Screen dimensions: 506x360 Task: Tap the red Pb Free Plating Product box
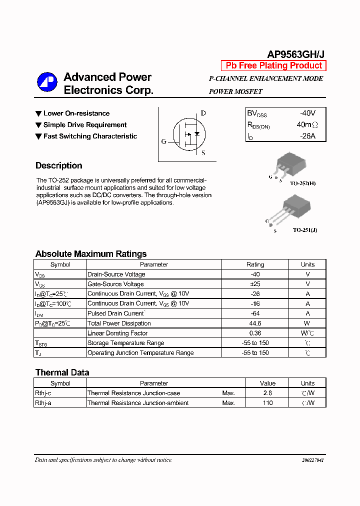[x=273, y=65]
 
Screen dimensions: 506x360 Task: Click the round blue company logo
[x=47, y=82]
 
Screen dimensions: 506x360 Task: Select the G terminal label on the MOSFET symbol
[x=163, y=141]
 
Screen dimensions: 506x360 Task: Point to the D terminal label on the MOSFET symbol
[x=203, y=113]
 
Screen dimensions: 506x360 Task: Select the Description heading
[x=59, y=165]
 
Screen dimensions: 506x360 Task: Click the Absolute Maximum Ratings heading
[x=91, y=253]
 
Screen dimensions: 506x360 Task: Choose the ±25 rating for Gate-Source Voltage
[x=255, y=284]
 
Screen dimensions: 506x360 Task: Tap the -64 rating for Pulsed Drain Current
[x=255, y=313]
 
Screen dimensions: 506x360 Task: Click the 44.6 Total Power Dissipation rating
[x=255, y=323]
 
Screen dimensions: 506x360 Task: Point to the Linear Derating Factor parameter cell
[x=117, y=333]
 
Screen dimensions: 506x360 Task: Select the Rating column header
[x=255, y=264]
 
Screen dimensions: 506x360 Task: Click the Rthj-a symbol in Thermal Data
[x=43, y=403]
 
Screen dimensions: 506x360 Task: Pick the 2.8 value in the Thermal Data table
[x=267, y=393]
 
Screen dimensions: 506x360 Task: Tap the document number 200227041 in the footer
[x=312, y=460]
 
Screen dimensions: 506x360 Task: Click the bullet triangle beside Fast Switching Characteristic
[x=38, y=136]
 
